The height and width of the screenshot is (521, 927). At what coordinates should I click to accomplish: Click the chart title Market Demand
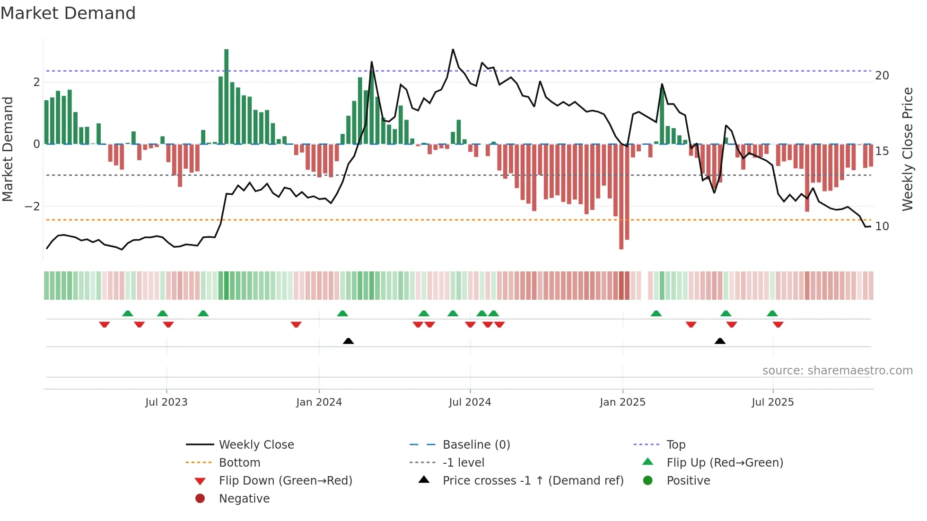pos(68,13)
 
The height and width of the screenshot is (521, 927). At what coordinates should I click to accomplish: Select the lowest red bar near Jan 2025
pos(621,199)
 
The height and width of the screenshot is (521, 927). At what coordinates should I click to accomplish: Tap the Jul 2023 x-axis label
pos(166,402)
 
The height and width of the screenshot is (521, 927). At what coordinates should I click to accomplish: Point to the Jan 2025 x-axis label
pos(622,402)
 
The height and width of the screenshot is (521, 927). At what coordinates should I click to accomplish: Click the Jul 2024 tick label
pos(470,402)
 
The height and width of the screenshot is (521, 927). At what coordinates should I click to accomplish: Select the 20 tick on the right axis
pos(882,76)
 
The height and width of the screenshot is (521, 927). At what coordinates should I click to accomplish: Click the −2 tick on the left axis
pos(32,207)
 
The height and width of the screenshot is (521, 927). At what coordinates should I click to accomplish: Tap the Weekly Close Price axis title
pos(907,149)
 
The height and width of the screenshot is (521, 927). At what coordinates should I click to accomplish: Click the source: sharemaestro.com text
pos(837,371)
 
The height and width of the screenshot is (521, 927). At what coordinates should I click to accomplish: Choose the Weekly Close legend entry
pos(256,445)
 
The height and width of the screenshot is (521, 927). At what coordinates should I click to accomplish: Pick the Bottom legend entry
pos(239,463)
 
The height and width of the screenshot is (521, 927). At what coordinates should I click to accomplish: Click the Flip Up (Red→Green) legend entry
pos(725,463)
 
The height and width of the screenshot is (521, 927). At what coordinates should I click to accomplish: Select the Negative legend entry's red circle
pos(200,499)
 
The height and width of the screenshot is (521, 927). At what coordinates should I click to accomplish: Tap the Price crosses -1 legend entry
pos(533,481)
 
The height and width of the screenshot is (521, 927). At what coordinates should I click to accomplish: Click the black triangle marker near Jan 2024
pos(348,341)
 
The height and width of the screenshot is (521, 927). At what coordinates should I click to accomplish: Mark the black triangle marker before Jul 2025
pos(720,341)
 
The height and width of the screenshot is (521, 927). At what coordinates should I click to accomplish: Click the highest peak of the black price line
pos(453,50)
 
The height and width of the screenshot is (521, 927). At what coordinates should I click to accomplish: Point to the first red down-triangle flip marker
pos(105,324)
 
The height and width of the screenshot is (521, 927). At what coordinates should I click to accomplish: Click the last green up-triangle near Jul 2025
pos(772,313)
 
